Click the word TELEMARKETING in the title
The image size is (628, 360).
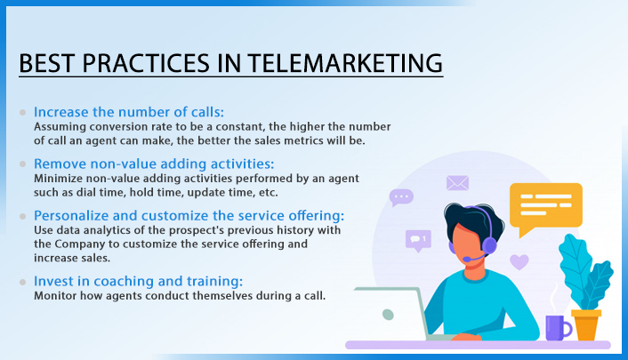345,63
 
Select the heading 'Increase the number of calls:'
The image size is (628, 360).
129,112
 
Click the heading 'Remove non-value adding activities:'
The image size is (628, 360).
154,164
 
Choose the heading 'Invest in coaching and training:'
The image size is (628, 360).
138,281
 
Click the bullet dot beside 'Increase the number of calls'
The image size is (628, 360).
23,113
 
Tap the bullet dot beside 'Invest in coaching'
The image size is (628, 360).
23,282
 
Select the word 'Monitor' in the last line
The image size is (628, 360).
55,296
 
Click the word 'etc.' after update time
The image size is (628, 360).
269,193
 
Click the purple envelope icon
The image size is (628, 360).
457,183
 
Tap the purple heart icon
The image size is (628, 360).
519,262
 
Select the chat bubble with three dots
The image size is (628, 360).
401,197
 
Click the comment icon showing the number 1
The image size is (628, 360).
418,240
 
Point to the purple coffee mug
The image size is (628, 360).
558,328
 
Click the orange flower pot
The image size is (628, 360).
586,324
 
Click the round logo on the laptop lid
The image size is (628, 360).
388,315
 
